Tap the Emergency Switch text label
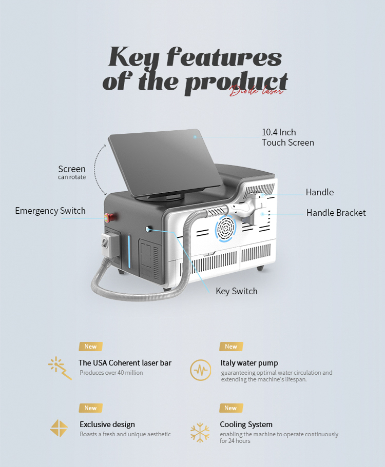pyautogui.click(x=50, y=211)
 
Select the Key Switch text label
pyautogui.click(x=237, y=291)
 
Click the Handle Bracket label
pyautogui.click(x=336, y=213)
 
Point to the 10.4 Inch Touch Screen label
pyautogui.click(x=288, y=137)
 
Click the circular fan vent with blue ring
pyautogui.click(x=225, y=229)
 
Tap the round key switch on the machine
pyautogui.click(x=148, y=229)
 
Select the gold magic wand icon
pyautogui.click(x=60, y=368)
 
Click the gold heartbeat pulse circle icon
pyautogui.click(x=200, y=370)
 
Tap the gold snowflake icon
pyautogui.click(x=200, y=432)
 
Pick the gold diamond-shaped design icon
pyautogui.click(x=59, y=428)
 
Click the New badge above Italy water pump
pyautogui.click(x=231, y=347)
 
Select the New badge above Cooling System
pyautogui.click(x=231, y=408)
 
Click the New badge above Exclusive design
pyautogui.click(x=91, y=408)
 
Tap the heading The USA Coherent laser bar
pyautogui.click(x=125, y=363)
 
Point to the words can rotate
pyautogui.click(x=72, y=177)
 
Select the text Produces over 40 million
pyautogui.click(x=111, y=373)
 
